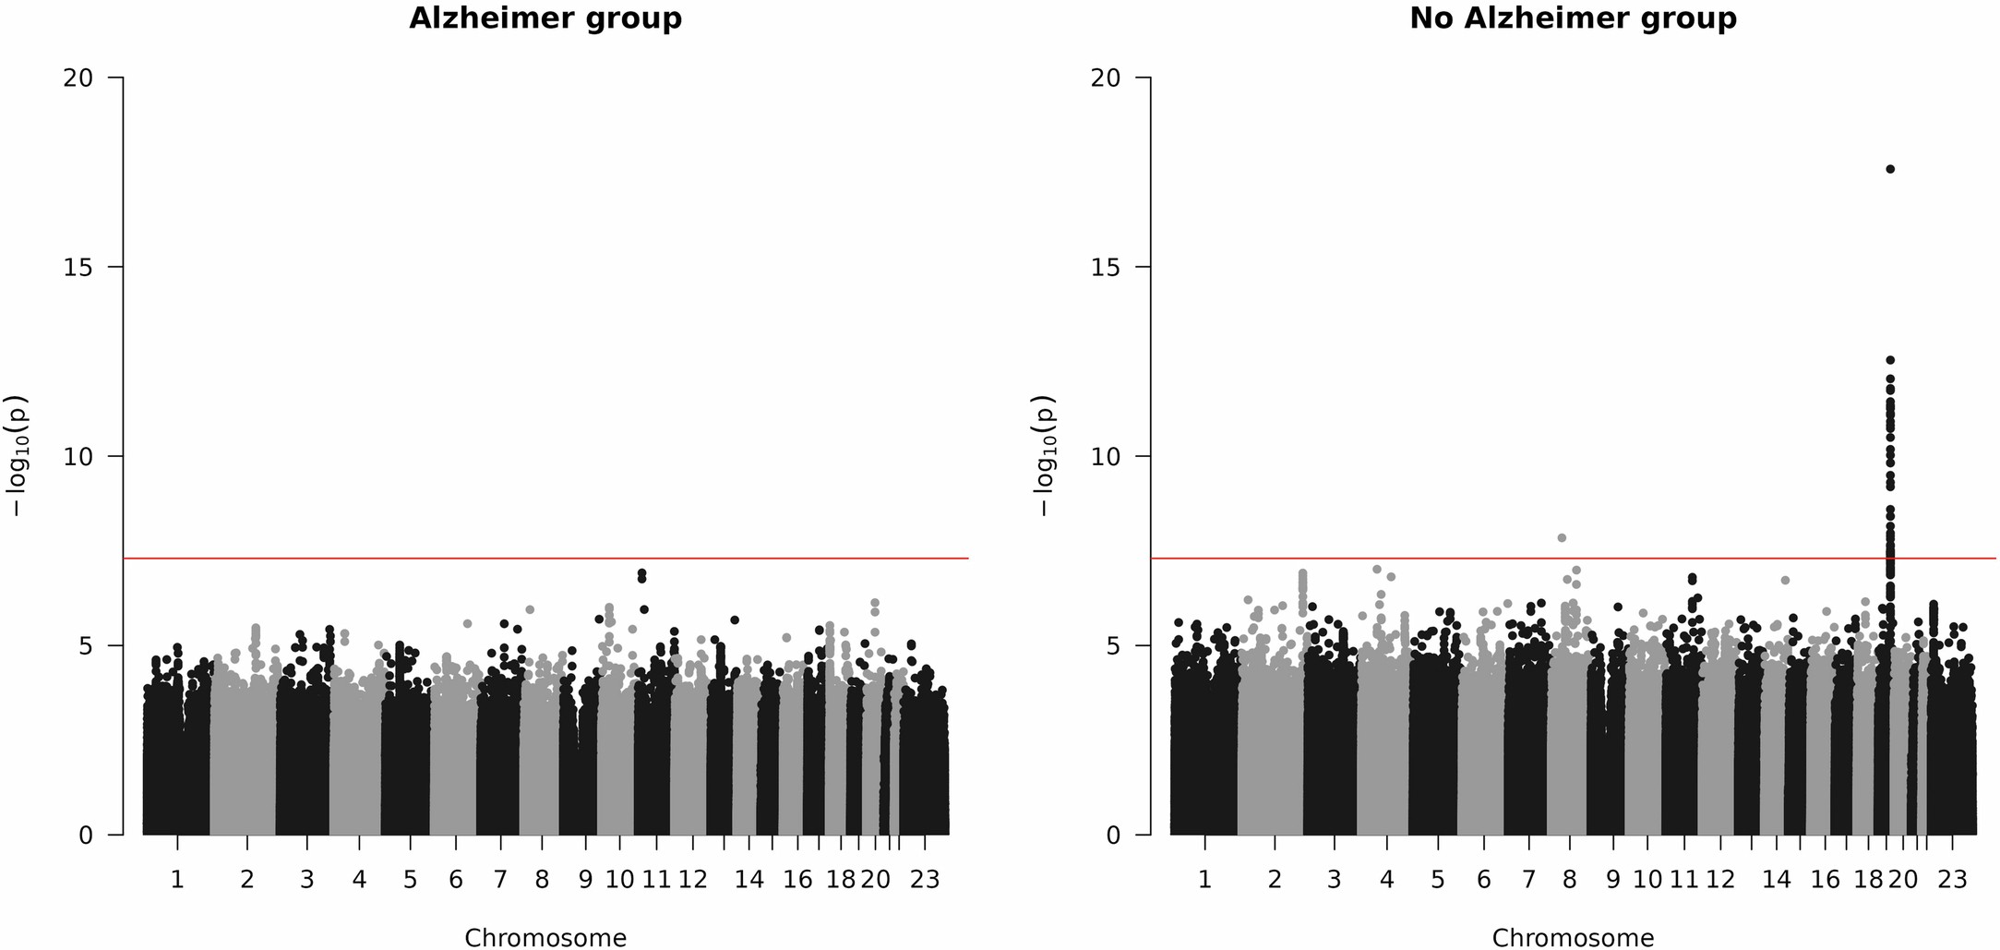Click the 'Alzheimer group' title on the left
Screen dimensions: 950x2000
pos(545,18)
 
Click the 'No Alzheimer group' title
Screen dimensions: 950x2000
pos(1573,18)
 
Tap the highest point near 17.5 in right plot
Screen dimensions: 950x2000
pos(1890,169)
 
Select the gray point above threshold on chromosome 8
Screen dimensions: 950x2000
pos(1562,537)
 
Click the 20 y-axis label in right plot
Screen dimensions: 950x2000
pos(1105,78)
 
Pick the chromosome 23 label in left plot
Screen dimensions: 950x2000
pos(925,880)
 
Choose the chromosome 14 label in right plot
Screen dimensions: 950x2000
pos(1777,880)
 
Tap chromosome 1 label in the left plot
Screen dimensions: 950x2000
pos(177,880)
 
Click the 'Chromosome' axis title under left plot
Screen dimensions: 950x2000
pos(545,938)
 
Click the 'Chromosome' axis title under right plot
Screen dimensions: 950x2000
pos(1573,938)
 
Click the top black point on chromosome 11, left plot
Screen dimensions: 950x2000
pos(641,573)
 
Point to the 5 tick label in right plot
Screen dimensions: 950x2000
pos(1111,645)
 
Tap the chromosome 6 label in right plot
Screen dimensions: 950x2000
pos(1483,880)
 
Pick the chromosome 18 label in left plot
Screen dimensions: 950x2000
pos(841,880)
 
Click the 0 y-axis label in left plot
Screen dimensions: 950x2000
pos(85,835)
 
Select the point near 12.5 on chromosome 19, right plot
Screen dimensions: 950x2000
pos(1890,360)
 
